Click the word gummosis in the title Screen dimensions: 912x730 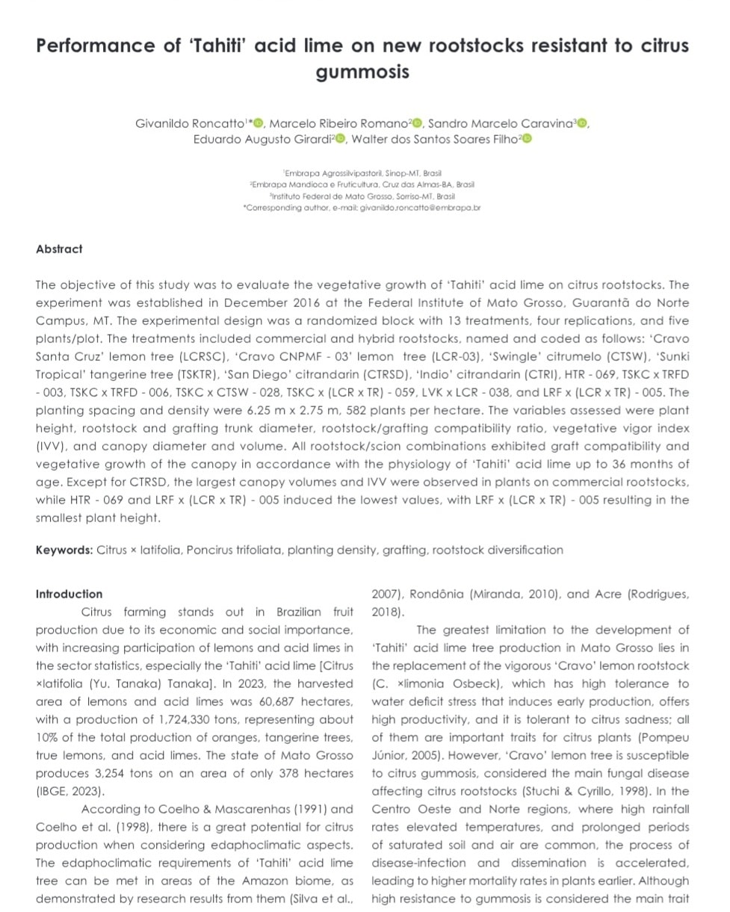(362, 72)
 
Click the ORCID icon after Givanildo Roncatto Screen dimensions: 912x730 (259, 123)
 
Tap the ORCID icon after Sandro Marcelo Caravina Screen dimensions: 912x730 (582, 123)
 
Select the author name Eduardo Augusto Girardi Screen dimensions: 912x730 (262, 139)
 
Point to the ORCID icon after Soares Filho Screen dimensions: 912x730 (527, 139)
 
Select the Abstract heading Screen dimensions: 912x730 (59, 249)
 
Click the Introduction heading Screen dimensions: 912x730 (69, 595)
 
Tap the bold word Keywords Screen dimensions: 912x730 (64, 550)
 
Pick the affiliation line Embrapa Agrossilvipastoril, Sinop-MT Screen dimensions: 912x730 (362, 173)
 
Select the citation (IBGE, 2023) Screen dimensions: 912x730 (70, 792)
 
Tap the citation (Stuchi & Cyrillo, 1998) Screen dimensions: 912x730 (579, 792)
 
